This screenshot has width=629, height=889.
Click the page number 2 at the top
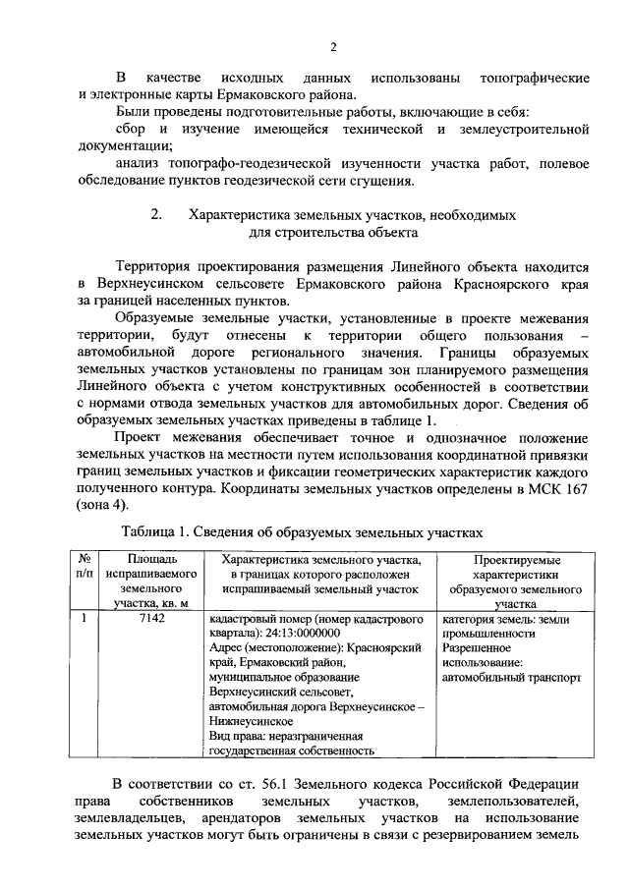pyautogui.click(x=333, y=46)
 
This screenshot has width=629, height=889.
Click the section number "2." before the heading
pyautogui.click(x=154, y=213)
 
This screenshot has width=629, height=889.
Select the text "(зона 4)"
pyautogui.click(x=103, y=506)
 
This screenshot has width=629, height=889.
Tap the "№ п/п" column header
pyautogui.click(x=86, y=566)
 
